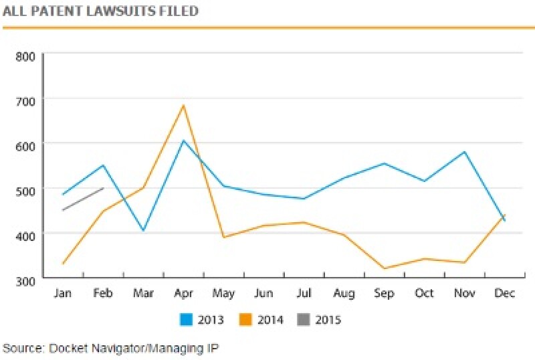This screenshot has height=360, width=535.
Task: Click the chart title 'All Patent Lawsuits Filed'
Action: [100, 11]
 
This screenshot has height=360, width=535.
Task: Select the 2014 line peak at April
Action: [183, 105]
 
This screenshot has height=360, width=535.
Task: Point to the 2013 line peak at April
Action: [183, 141]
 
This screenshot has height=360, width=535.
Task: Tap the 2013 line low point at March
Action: [143, 231]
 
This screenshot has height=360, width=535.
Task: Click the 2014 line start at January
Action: [63, 264]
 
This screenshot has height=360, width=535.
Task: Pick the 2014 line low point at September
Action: [384, 268]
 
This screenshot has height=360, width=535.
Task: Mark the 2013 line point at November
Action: [464, 152]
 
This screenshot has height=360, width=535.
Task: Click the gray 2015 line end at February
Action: [103, 188]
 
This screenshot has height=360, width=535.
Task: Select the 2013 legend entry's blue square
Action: [187, 320]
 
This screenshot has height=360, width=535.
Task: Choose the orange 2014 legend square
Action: [246, 320]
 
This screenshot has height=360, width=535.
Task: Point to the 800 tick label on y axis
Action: [25, 55]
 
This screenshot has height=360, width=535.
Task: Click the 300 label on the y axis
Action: [25, 278]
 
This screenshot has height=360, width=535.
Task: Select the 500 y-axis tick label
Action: [25, 189]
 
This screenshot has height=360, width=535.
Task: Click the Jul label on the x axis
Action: [304, 294]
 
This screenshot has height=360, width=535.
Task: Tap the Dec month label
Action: [504, 294]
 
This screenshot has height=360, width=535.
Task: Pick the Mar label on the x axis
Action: [142, 294]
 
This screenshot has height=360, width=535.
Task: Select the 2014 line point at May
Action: [223, 237]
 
